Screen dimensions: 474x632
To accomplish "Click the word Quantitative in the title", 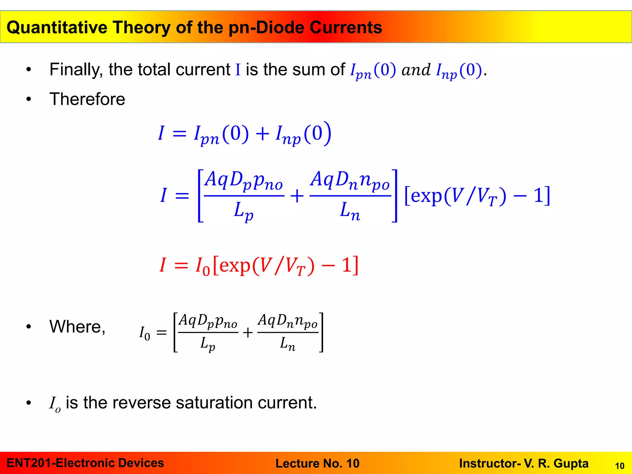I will [x=57, y=27].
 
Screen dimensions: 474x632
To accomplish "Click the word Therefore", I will [x=87, y=99].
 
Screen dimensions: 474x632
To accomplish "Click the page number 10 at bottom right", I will [x=620, y=466].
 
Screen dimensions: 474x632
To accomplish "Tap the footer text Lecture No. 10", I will [x=317, y=463].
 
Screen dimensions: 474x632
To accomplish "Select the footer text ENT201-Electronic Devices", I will [x=85, y=463].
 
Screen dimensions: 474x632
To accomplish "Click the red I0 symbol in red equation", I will [x=202, y=266].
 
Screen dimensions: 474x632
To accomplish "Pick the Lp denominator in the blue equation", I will [x=243, y=211].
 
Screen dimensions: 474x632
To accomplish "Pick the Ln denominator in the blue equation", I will [x=350, y=211].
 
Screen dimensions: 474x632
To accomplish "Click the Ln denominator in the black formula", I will [x=287, y=344].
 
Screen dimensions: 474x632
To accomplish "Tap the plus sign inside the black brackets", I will [x=247, y=333].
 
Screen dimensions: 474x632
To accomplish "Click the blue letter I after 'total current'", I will [x=238, y=70].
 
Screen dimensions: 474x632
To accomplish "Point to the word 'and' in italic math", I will [x=416, y=70].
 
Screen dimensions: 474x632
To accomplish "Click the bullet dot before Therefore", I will [x=29, y=99].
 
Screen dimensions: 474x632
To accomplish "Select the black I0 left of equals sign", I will [x=145, y=333].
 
